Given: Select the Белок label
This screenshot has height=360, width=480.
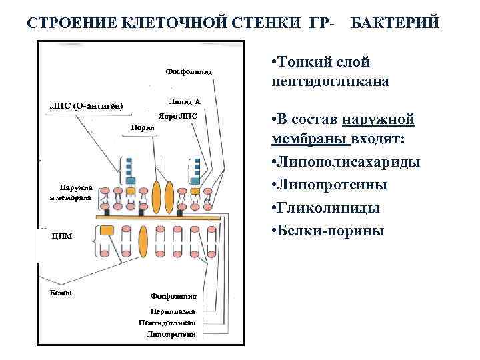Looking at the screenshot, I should pyautogui.click(x=61, y=293).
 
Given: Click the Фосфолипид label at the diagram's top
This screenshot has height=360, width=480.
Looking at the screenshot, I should pyautogui.click(x=188, y=71).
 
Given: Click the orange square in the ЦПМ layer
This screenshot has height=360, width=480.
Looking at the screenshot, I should pyautogui.click(x=107, y=231).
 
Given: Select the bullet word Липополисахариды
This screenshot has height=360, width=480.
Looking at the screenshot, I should pyautogui.click(x=346, y=163).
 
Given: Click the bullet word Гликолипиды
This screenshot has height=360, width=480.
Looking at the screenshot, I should pyautogui.click(x=326, y=208).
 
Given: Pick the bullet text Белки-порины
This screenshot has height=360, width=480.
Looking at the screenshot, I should pyautogui.click(x=328, y=231).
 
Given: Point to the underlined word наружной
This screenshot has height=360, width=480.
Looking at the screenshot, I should pyautogui.click(x=378, y=120).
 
